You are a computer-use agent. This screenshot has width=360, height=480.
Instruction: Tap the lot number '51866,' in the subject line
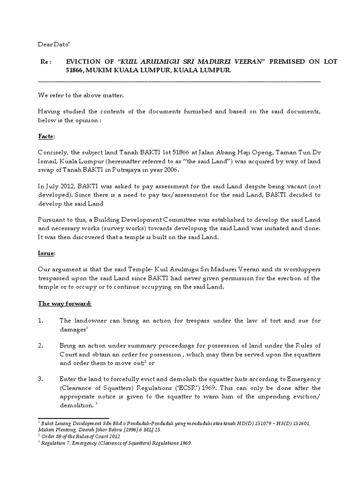(76, 70)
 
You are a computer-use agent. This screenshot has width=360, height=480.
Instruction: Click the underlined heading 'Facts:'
(46, 136)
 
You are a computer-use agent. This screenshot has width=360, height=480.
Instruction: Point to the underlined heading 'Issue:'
(46, 253)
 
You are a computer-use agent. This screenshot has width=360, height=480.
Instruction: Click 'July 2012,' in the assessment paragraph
(58, 187)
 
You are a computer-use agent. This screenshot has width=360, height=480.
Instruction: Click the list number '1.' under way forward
(42, 321)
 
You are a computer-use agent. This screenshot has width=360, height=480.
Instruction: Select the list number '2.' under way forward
(42, 345)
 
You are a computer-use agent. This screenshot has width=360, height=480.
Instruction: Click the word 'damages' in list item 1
(72, 330)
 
